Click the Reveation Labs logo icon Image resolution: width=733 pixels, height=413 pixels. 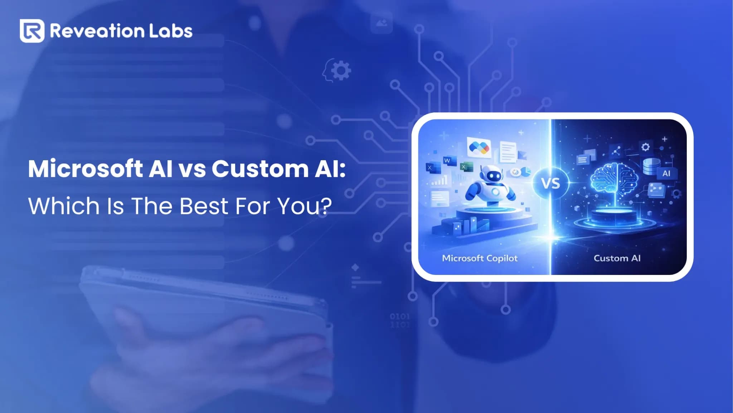32,31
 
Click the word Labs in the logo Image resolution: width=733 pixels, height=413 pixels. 171,31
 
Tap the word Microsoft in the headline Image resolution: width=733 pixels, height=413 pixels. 86,168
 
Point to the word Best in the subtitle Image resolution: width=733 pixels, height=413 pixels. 204,206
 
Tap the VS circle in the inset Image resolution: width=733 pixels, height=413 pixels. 550,184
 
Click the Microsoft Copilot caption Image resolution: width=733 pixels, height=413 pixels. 480,258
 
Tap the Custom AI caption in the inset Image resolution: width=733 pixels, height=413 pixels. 617,258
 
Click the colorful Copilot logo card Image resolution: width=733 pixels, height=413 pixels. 479,147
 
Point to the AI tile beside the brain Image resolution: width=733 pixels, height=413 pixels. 666,174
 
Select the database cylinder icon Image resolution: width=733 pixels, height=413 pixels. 651,166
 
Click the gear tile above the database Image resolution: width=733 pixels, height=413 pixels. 645,147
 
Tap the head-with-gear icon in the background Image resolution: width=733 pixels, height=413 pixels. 337,71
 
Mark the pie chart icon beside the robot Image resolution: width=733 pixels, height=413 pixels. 525,172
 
